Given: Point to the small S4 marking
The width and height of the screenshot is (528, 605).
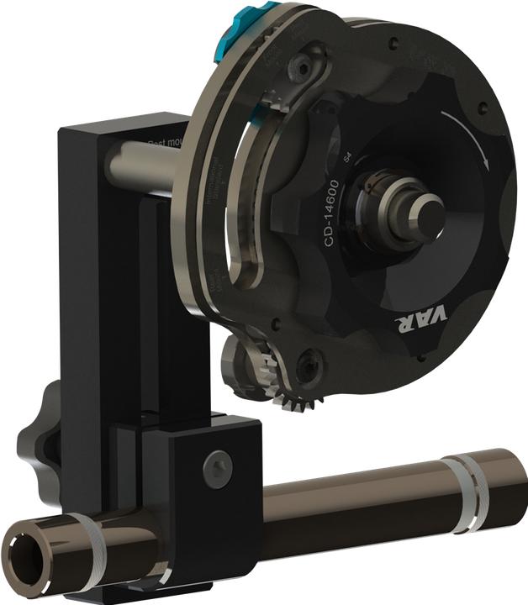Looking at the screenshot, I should [x=348, y=155].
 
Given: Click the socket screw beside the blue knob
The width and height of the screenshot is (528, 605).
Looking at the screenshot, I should [x=312, y=66].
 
